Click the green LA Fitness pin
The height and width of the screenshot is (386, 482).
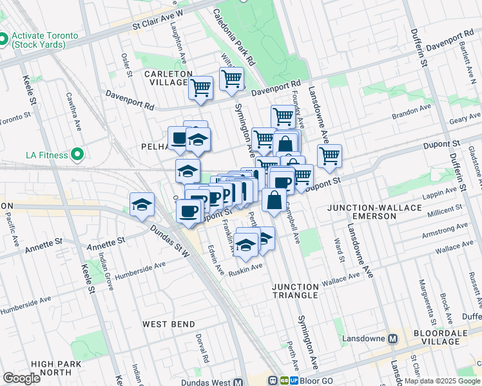[x=78, y=154]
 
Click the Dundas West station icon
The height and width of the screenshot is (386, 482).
[x=238, y=381]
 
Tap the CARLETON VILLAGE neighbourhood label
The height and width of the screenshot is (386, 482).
[x=168, y=78]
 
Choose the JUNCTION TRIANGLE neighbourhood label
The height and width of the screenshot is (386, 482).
[x=295, y=290]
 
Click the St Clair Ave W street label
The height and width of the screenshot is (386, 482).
[x=158, y=20]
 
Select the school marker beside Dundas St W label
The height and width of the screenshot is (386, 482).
[x=142, y=205]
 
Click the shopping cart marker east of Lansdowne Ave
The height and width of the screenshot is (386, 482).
[x=329, y=155]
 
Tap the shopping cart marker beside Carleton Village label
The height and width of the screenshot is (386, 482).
[x=200, y=87]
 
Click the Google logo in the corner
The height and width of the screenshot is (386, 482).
[x=21, y=378]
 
